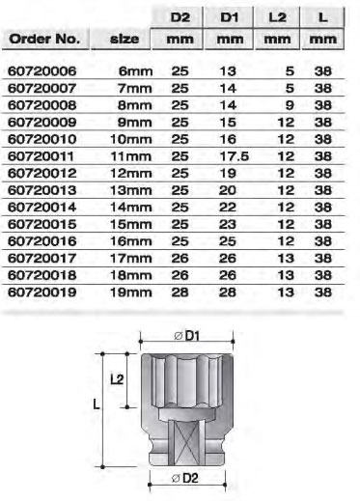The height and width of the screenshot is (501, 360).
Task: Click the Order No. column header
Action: [x=44, y=39]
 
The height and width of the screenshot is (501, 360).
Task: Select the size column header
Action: [x=125, y=39]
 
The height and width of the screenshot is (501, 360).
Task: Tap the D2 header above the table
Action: [x=180, y=17]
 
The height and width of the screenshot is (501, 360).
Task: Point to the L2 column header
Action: [x=277, y=17]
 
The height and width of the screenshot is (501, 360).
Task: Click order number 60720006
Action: [x=42, y=71]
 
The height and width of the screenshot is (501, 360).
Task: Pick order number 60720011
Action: [x=41, y=156]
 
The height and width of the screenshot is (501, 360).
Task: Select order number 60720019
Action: [x=42, y=292]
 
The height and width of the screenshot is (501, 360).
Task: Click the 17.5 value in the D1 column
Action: [x=235, y=156]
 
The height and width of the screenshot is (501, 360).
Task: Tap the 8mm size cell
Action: [x=134, y=105]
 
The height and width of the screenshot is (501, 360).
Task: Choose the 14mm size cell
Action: [x=130, y=208]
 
